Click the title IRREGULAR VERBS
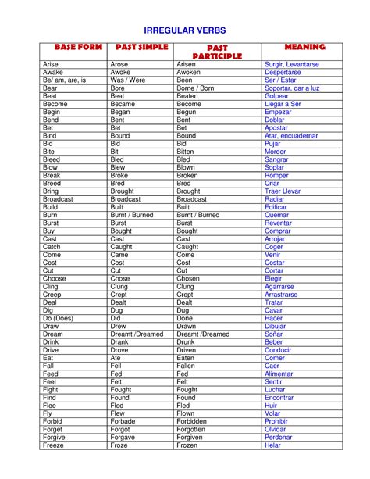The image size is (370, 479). pos(185,30)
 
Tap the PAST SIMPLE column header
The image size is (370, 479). pos(137,48)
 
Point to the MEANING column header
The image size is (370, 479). pos(305,48)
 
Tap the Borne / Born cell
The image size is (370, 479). pos(195,88)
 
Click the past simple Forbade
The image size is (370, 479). pos(125,421)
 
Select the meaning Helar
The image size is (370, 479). pos(273,445)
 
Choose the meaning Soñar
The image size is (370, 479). pos(274,334)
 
